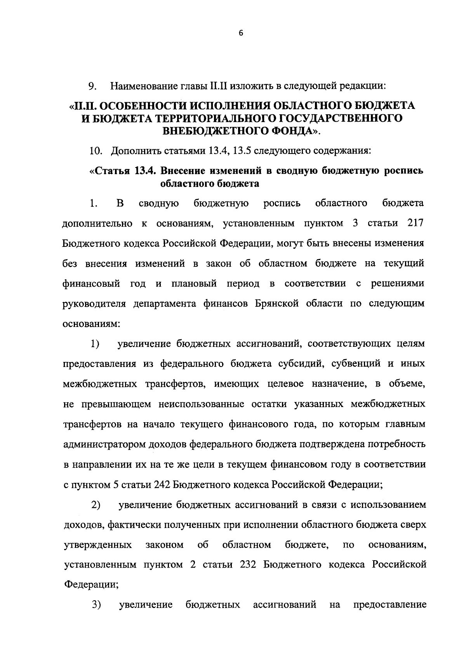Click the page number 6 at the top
click(240, 34)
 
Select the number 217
click(415, 223)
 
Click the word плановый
click(193, 283)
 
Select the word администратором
click(104, 444)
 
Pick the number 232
click(248, 564)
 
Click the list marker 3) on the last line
click(96, 605)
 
